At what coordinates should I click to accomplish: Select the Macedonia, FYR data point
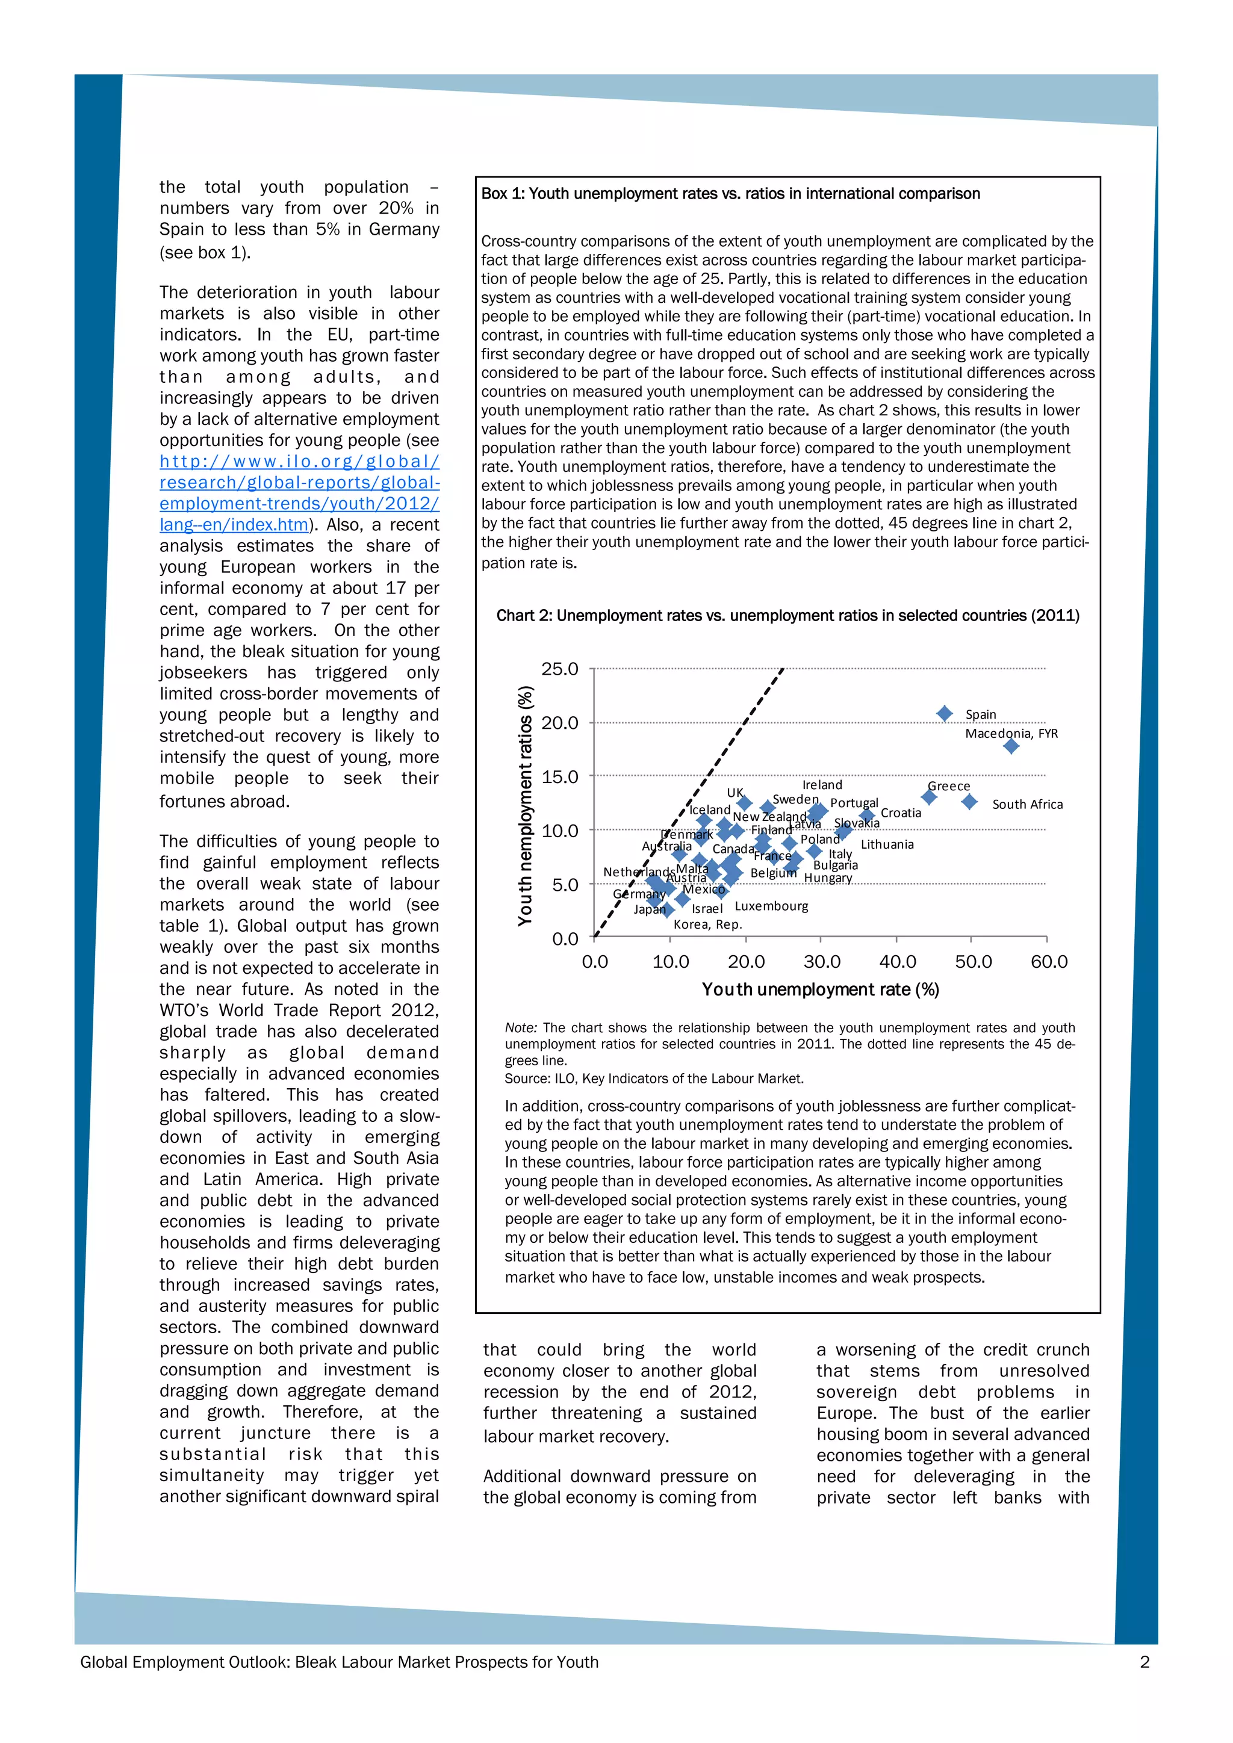(x=1011, y=746)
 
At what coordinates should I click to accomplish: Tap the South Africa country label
(x=1026, y=804)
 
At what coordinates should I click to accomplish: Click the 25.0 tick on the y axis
(x=559, y=669)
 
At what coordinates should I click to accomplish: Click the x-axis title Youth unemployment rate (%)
(x=820, y=989)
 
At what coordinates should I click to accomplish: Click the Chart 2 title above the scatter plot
(x=787, y=616)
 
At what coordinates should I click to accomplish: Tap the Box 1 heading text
(x=730, y=194)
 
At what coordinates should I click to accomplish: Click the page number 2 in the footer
(x=1144, y=1662)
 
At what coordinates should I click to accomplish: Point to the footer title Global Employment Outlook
(x=338, y=1662)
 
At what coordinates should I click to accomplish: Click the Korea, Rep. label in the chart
(x=707, y=924)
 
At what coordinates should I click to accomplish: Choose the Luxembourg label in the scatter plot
(x=771, y=906)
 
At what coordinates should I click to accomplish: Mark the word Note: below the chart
(x=521, y=1028)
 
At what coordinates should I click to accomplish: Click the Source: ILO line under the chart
(x=654, y=1078)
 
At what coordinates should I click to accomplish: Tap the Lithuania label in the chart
(x=887, y=844)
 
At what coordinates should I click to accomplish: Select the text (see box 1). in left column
(x=205, y=253)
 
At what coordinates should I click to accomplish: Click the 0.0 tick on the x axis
(x=594, y=962)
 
